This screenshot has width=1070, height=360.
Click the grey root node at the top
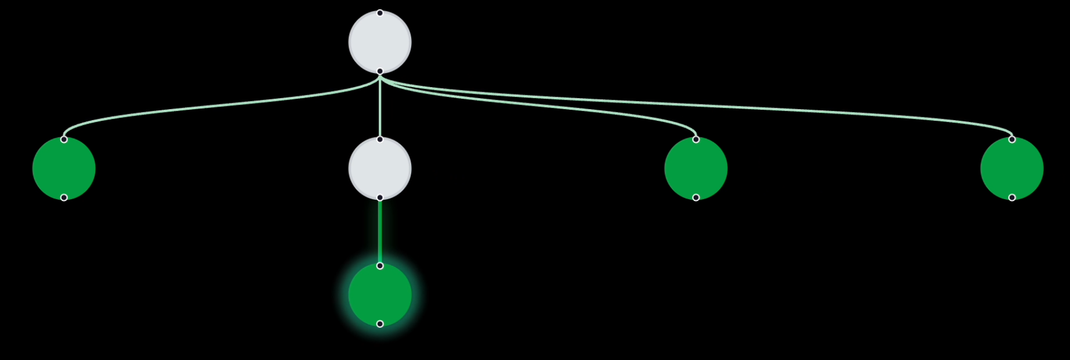(380, 42)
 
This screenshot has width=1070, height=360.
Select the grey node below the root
(380, 169)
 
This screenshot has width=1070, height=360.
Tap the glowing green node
(380, 295)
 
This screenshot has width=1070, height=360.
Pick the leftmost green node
(64, 169)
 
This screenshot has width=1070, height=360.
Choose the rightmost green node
(1012, 169)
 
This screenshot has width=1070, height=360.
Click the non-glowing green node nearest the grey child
(696, 169)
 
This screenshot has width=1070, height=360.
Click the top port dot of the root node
(380, 13)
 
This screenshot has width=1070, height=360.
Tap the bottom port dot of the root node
(380, 71)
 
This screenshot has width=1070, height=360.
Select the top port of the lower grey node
(380, 139)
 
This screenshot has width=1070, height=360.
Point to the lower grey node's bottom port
(380, 198)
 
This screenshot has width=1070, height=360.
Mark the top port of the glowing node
(380, 266)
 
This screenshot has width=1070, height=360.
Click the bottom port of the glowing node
(380, 324)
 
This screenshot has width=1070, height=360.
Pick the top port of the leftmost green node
(64, 139)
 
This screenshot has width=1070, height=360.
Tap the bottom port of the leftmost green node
(64, 198)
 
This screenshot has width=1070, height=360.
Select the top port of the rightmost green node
(1012, 139)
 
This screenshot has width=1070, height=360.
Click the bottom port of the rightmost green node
(1012, 198)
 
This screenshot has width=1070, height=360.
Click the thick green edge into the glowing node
(380, 232)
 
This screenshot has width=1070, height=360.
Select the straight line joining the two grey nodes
(380, 107)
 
